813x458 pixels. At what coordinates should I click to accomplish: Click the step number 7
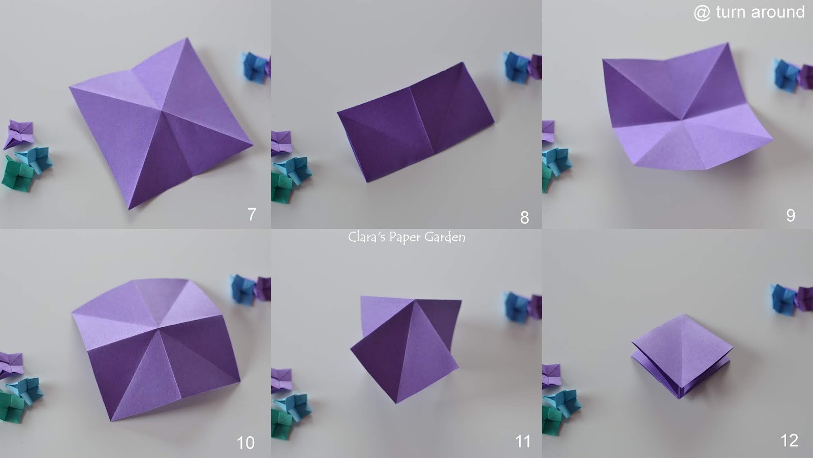tap(252, 214)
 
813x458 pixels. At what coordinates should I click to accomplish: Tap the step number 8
tap(524, 217)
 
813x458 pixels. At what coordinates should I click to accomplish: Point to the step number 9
tap(791, 216)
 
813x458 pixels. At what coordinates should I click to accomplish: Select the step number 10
tap(246, 443)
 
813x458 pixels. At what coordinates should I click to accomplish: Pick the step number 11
tap(523, 442)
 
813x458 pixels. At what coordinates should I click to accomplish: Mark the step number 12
tap(790, 441)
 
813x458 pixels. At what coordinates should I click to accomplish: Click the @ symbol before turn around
tap(702, 13)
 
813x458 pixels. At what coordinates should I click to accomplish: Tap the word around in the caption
tap(778, 12)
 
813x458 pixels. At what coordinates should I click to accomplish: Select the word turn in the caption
tap(731, 12)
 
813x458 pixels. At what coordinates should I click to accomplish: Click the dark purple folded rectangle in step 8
tap(416, 122)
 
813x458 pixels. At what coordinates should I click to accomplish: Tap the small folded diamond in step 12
tap(681, 356)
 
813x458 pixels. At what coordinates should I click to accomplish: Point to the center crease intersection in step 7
tap(162, 110)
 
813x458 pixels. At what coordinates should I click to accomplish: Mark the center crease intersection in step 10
tap(158, 329)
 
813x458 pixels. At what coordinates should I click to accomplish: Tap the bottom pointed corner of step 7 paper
tap(129, 209)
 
